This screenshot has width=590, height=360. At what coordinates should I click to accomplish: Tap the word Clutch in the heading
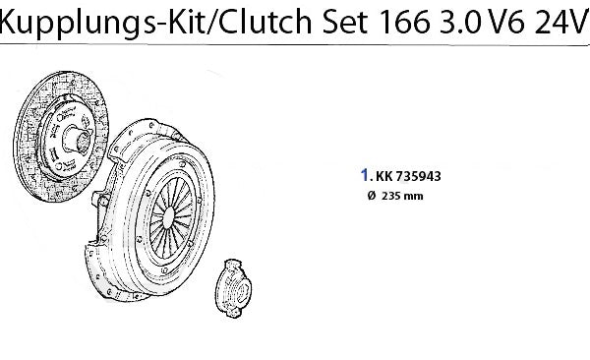coord(265,21)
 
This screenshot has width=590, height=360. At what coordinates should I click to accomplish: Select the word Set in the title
coord(345,22)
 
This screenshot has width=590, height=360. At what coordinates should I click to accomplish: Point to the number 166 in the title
coord(405,22)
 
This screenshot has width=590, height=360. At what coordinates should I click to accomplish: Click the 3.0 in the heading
coord(461,22)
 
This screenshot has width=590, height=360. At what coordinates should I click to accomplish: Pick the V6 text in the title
coord(505,22)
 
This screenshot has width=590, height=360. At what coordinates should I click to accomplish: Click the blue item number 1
coord(365,175)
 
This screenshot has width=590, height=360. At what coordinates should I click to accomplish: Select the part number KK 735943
coord(408,176)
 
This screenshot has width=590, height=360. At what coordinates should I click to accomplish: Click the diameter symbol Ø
coord(372,196)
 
